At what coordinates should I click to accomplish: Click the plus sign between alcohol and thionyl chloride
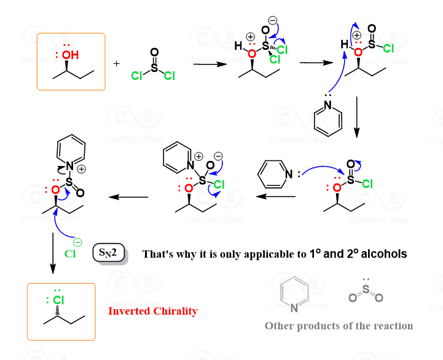[117, 64]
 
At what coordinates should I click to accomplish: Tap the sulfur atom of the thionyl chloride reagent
[154, 68]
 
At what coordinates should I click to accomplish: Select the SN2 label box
[109, 252]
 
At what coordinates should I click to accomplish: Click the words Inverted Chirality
[153, 311]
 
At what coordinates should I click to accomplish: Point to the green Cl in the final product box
[58, 300]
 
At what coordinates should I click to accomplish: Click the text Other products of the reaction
[339, 326]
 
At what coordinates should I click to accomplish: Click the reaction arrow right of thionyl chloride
[206, 64]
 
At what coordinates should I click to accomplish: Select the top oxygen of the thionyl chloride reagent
[154, 52]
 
